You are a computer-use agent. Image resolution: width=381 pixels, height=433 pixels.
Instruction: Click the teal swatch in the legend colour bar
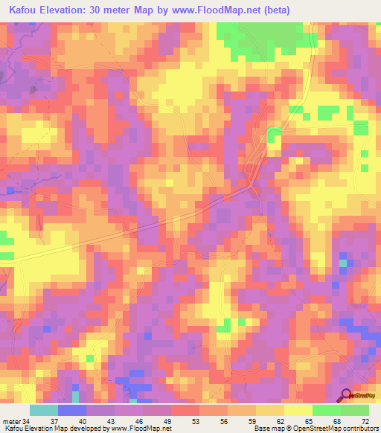click(x=44, y=411)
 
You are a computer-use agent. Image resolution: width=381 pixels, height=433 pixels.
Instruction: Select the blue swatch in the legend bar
click(x=72, y=411)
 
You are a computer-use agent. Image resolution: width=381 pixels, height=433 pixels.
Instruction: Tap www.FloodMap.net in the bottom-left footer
click(x=142, y=429)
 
